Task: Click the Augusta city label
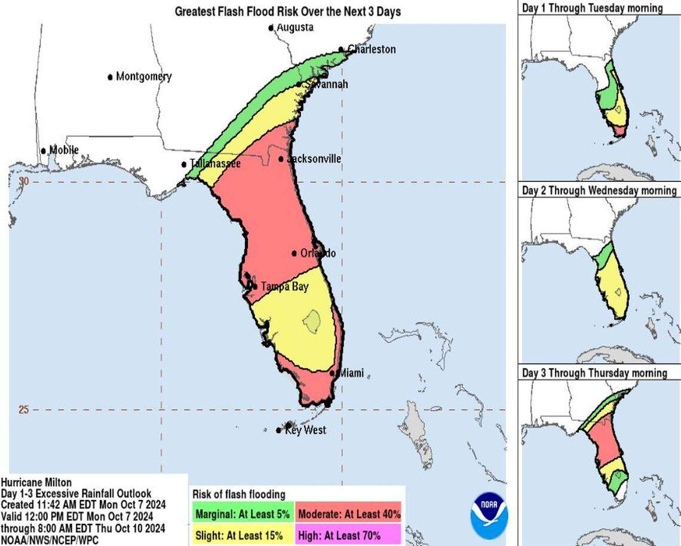295,27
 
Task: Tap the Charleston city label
371,49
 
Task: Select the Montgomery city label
143,76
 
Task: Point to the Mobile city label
63,150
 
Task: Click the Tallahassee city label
214,164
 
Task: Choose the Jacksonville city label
314,159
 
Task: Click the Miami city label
351,373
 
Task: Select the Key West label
305,430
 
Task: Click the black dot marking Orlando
295,253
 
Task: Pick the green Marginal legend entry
242,513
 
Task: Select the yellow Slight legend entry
242,535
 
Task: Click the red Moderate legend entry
349,513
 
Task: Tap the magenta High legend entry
349,535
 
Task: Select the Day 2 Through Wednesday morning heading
599,190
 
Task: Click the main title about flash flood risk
287,11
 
